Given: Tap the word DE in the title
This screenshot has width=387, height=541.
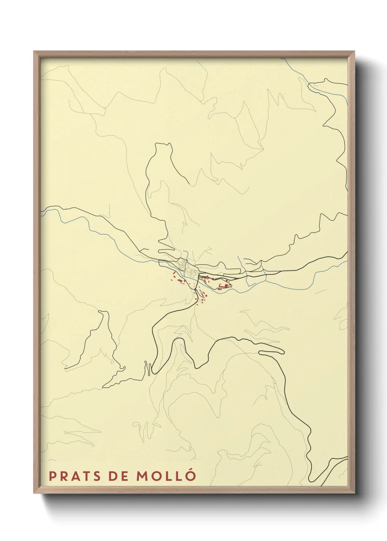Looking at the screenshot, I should tap(118, 476).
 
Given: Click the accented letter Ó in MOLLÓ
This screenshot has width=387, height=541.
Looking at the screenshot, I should tap(191, 475).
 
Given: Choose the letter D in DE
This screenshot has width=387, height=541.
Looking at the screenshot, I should tap(113, 476).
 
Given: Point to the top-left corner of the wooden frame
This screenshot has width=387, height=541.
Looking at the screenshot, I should tap(34, 52).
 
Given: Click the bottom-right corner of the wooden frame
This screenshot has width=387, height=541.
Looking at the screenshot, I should tap(354, 492).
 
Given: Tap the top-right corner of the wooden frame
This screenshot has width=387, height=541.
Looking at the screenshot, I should tap(354, 52).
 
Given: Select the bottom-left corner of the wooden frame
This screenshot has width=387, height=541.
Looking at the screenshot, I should tap(34, 492).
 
